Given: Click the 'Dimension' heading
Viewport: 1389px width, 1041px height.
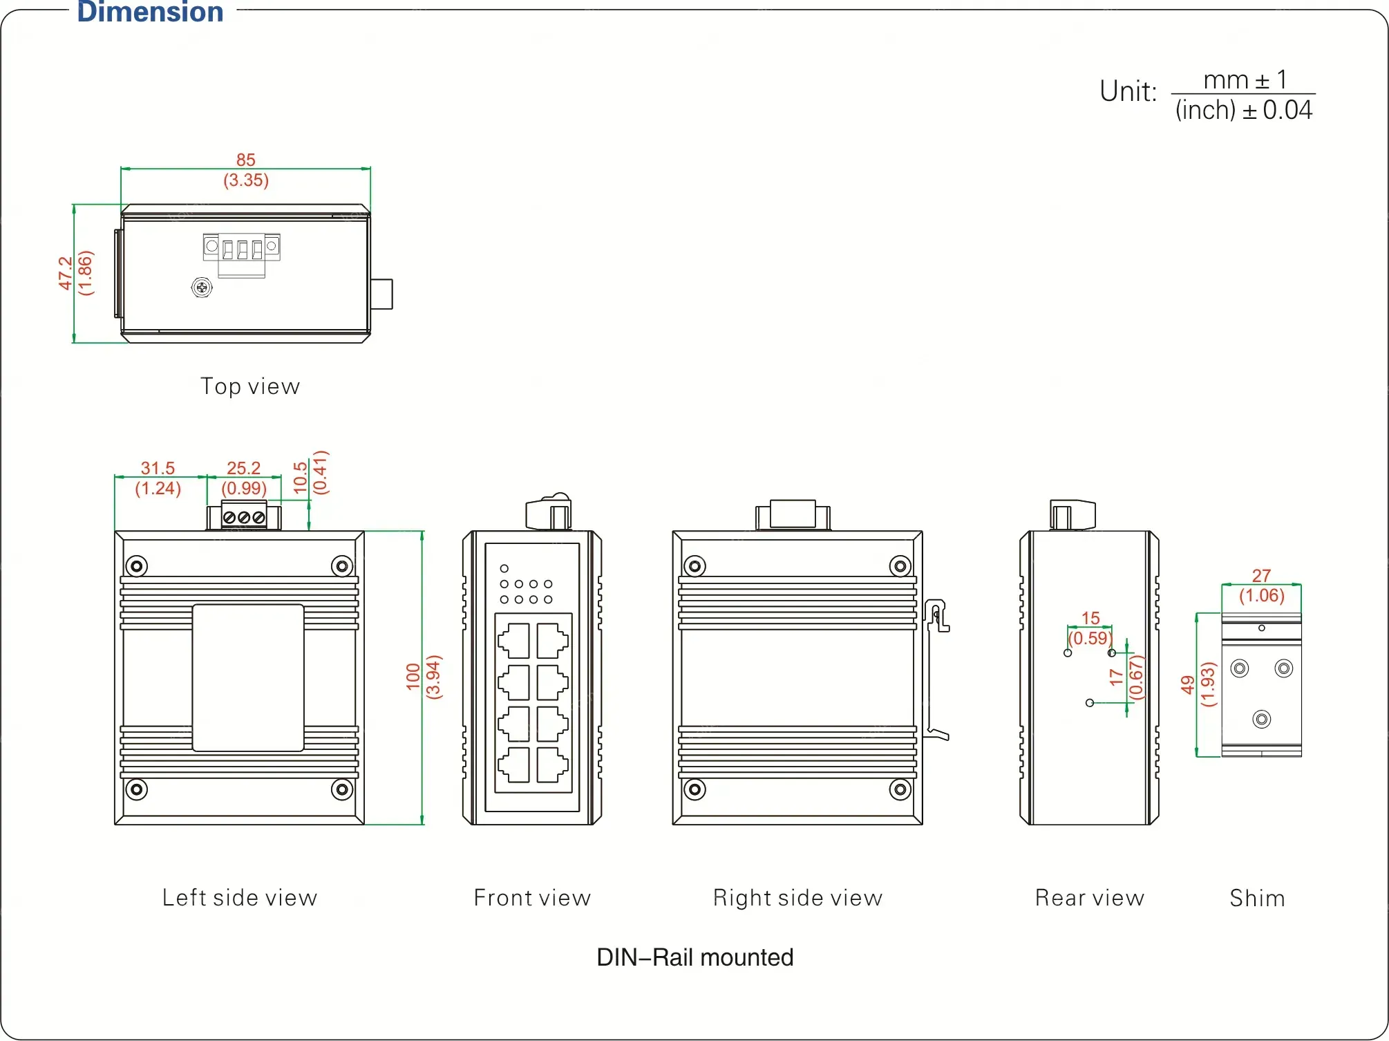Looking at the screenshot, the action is click(150, 12).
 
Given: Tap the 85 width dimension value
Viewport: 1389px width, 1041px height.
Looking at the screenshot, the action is click(246, 160).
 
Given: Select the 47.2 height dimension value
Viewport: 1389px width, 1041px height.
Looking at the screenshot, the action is click(65, 273).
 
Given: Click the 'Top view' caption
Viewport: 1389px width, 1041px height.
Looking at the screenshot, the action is click(250, 386).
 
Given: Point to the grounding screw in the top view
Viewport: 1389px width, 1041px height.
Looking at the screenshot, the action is click(202, 287).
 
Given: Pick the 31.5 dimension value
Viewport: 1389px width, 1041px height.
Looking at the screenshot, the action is click(158, 468).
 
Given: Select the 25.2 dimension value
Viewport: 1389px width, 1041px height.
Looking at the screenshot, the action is click(244, 468).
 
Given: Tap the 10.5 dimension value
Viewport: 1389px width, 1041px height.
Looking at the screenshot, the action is click(300, 478).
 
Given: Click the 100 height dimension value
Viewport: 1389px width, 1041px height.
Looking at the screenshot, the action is click(413, 677).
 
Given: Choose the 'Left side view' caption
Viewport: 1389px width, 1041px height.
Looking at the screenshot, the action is click(240, 898).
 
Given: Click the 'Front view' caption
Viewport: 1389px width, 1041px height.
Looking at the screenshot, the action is click(532, 898).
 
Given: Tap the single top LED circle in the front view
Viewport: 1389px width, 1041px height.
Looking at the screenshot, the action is click(504, 569).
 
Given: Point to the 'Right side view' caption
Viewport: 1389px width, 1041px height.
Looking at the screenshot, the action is click(798, 898).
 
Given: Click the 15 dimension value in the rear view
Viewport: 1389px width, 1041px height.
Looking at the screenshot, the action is click(1090, 618).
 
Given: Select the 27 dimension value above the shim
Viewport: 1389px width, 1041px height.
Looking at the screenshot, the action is click(1262, 575).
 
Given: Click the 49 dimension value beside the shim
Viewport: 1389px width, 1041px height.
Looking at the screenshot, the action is click(1188, 684).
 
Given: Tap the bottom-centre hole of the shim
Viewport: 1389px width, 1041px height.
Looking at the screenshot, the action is click(1262, 720).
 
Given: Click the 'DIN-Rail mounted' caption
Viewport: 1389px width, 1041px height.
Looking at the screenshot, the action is click(695, 957).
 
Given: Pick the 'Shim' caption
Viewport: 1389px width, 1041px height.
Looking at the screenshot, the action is click(1258, 898).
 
